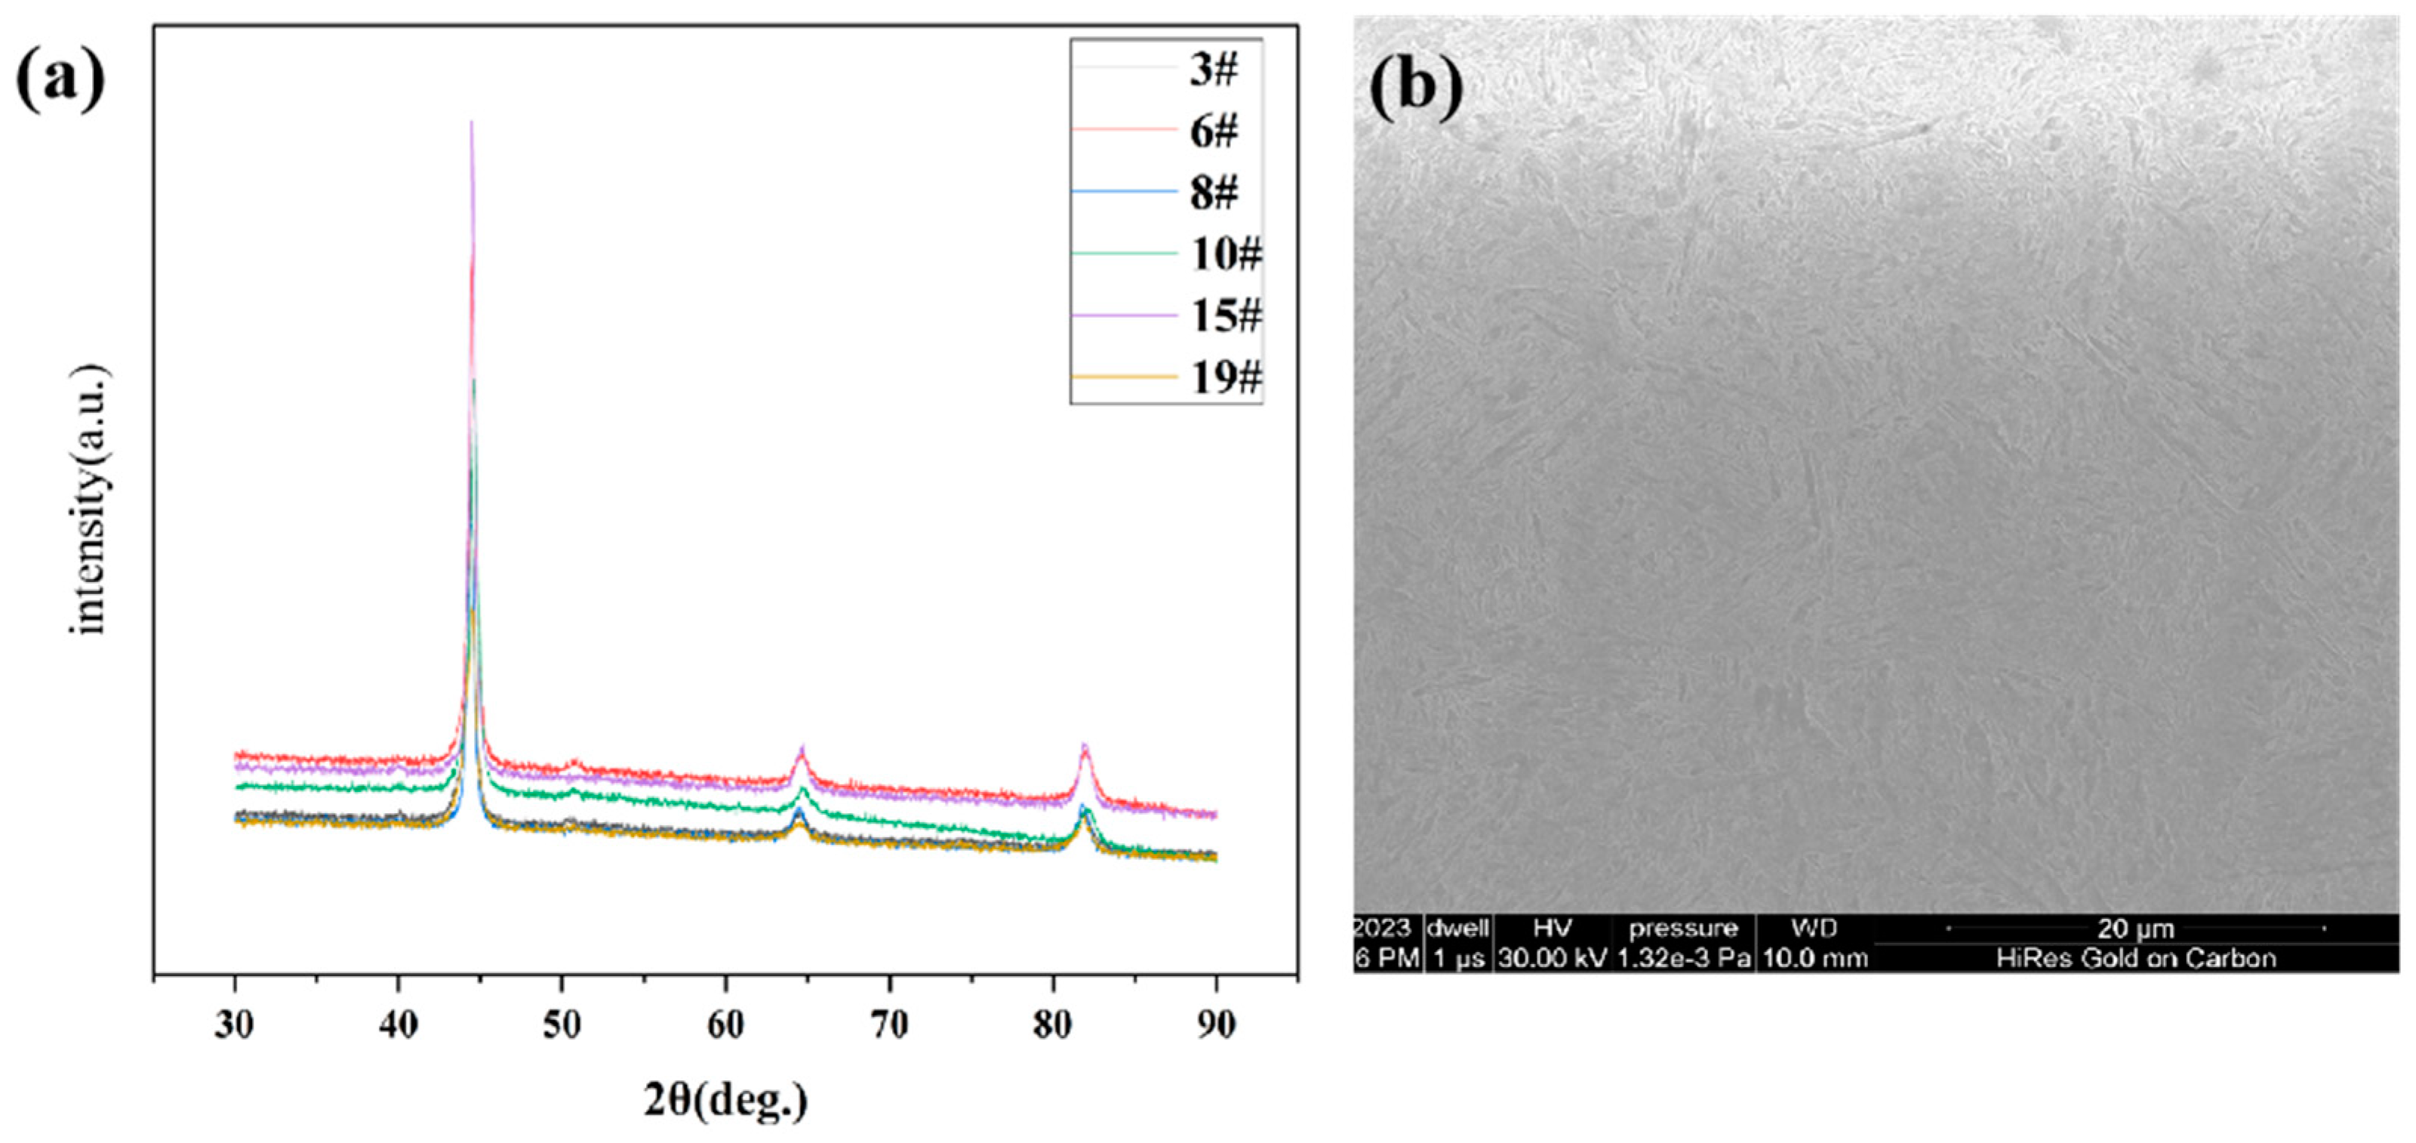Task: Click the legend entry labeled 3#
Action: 1214,69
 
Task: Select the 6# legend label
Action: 1214,131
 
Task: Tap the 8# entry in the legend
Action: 1214,193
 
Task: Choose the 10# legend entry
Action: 1226,254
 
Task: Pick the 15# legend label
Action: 1226,316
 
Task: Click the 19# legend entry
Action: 1226,377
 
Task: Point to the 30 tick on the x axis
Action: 235,1024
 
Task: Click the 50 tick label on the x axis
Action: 562,1024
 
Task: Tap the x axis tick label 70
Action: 889,1024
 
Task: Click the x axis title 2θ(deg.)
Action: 725,1100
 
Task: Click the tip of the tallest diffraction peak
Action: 471,123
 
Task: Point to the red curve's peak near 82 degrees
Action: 1085,746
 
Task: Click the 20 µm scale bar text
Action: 2135,929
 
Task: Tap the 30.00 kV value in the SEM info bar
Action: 1553,958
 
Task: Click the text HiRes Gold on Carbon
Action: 2135,958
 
